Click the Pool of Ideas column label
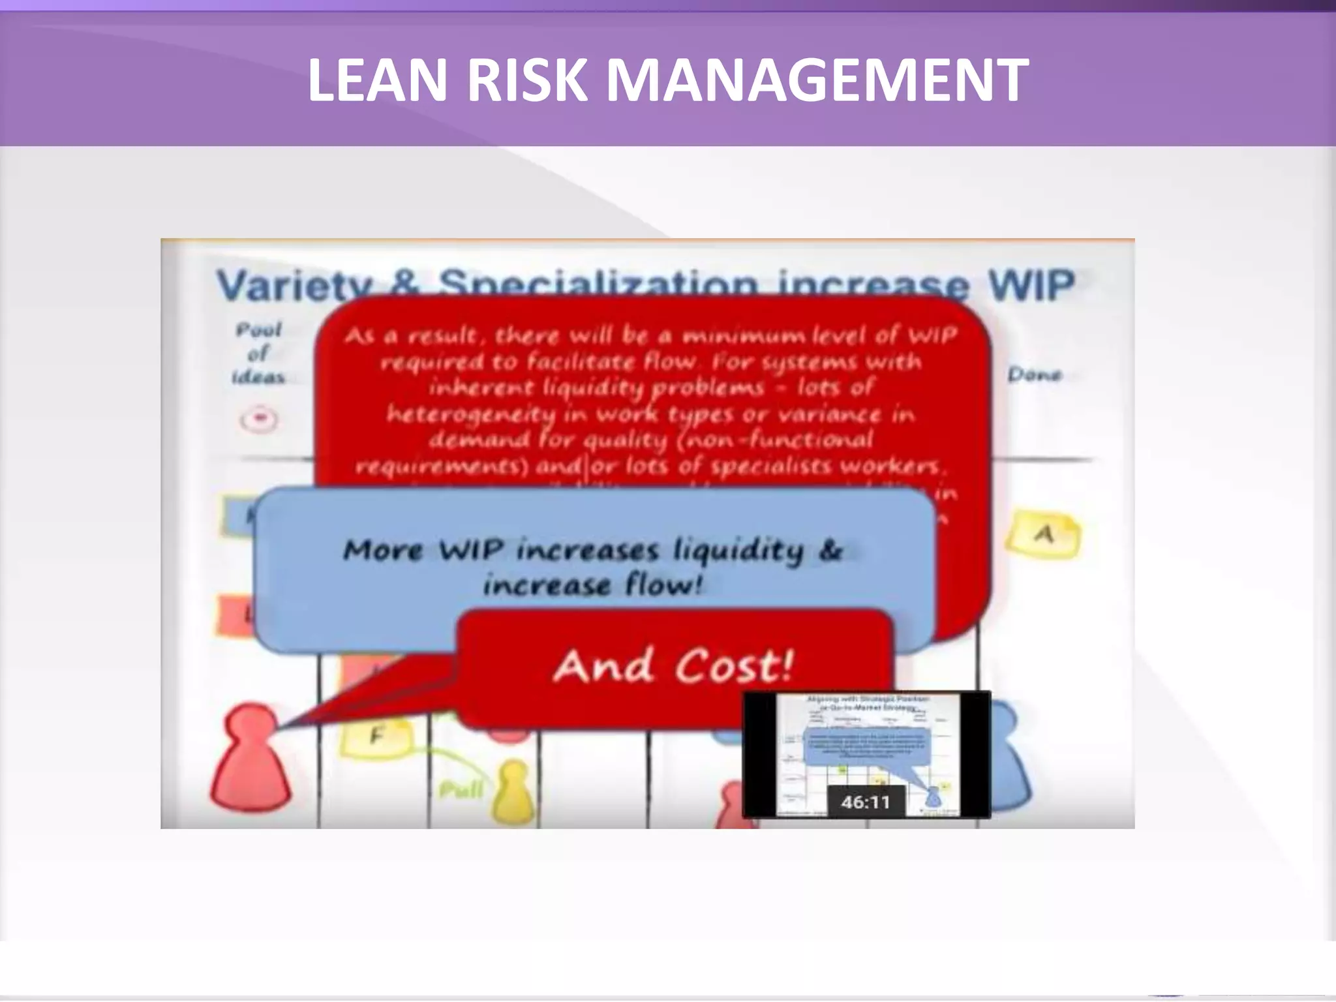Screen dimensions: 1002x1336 (259, 353)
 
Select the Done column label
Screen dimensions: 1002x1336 (1035, 374)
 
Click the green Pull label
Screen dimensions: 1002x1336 (461, 790)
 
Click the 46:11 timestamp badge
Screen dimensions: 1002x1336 (865, 801)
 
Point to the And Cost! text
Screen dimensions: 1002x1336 (673, 667)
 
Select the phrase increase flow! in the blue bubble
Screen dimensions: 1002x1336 (592, 584)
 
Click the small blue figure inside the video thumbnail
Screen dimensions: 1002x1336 (933, 796)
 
